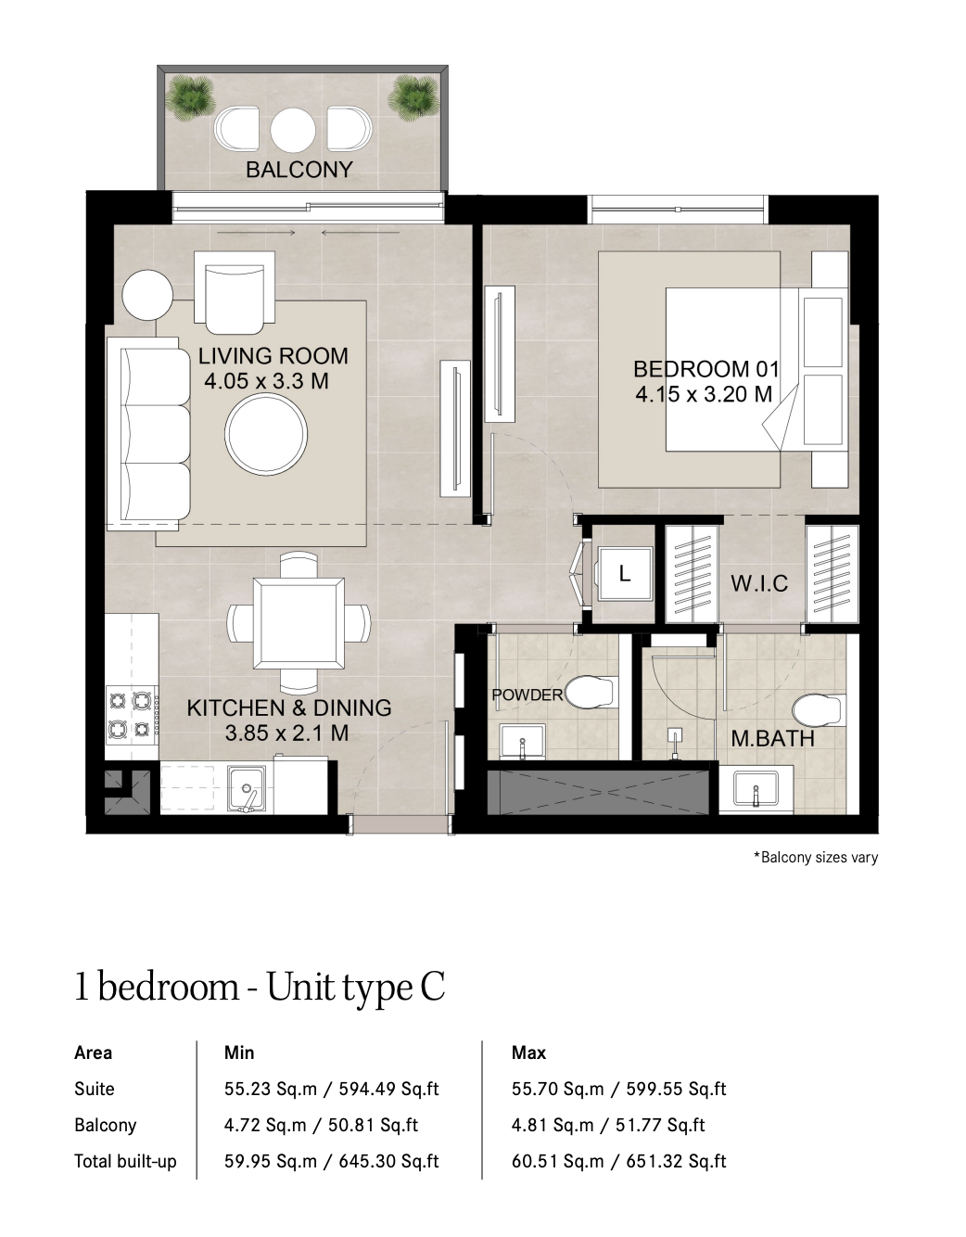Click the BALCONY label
coord(299,169)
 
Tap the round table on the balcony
coord(293,129)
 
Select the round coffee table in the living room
coord(266,434)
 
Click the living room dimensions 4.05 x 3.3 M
coord(266,381)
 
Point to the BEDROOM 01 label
coord(706,369)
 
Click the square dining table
coord(299,623)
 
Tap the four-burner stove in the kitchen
coord(132,715)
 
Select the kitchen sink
coord(247,788)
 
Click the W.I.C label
coord(759,583)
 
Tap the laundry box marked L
coord(625,574)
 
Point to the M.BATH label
coord(772,739)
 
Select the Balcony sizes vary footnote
coord(816,858)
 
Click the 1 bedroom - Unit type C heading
coord(260,988)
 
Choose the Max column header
coord(528,1053)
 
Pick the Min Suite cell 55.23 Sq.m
coord(270,1089)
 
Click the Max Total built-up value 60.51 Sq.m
coord(557,1161)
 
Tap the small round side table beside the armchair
coord(147,295)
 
